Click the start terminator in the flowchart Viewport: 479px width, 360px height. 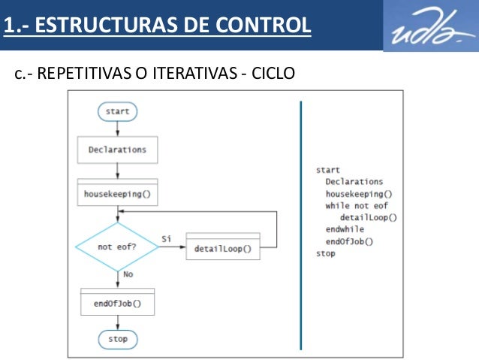coord(117,111)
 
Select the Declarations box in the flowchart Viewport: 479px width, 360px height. coord(117,150)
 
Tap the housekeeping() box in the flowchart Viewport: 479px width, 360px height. coord(117,193)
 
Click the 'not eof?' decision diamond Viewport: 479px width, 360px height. coord(117,247)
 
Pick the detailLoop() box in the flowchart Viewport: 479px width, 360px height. coord(222,248)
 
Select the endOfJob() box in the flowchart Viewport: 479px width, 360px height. coord(117,304)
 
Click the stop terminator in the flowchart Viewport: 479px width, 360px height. coord(117,339)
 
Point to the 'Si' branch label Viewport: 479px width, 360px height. coord(166,239)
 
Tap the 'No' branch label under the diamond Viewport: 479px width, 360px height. coord(128,275)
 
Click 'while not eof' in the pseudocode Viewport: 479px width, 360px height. coord(357,206)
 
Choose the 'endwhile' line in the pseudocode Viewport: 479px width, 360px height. coord(345,230)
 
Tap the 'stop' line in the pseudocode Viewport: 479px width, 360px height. coord(326,254)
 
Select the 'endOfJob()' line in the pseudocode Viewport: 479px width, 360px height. coord(349,242)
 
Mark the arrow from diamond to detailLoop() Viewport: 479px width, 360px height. coord(172,248)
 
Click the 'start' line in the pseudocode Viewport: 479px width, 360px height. coord(327,170)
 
